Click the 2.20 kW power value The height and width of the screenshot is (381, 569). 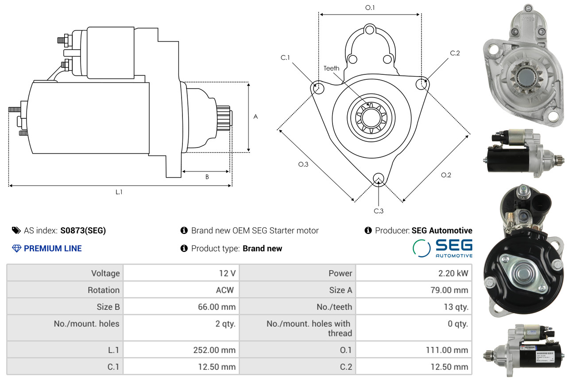453,273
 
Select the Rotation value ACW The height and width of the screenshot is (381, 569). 225,290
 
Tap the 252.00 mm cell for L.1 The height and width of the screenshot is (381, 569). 214,350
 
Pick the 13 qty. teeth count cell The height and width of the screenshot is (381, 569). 456,307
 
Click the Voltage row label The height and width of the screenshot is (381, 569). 105,273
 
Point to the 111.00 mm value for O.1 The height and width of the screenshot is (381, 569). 447,350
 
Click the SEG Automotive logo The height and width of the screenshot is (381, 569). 442,248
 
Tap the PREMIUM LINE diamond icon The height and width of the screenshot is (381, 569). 16,249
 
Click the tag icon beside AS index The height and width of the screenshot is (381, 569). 16,230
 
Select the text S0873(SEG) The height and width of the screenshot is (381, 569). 83,230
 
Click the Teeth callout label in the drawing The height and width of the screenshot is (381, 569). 331,68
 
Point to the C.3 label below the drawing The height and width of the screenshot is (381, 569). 379,211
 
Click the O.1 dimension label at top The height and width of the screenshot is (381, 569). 370,8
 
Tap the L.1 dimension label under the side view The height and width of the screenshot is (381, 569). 119,192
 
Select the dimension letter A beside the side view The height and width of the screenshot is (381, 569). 255,117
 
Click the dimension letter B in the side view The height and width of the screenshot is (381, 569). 207,177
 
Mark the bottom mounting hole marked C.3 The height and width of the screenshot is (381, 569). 379,179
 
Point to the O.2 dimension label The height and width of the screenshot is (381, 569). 446,175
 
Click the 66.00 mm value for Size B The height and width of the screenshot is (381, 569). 217,307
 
